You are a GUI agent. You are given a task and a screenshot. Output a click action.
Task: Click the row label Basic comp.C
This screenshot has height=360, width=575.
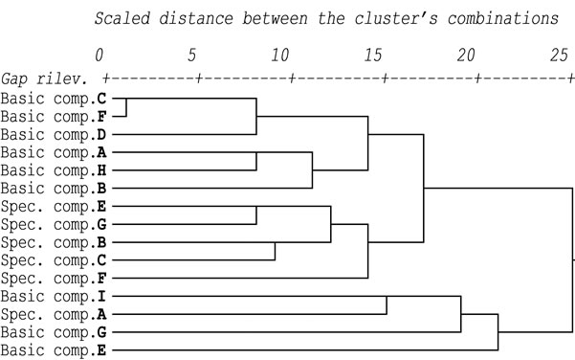pos(54,99)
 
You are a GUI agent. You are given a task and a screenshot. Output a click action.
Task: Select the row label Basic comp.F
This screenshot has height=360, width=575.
pos(54,117)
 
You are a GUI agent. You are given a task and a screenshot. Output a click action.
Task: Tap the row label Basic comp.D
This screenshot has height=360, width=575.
pos(54,135)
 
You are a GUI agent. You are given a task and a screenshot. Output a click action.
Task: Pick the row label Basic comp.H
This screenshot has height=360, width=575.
pos(54,171)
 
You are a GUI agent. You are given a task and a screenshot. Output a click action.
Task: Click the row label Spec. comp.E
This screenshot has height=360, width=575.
pos(54,207)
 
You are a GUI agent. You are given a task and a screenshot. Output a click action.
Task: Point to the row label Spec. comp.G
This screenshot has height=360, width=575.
pos(54,225)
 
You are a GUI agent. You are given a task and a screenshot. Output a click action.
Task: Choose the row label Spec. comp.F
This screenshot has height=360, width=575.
pos(54,279)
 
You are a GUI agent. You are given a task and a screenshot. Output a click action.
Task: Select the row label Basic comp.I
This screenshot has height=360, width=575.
pos(54,297)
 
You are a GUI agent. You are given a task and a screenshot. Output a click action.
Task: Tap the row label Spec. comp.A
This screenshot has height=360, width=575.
pos(54,315)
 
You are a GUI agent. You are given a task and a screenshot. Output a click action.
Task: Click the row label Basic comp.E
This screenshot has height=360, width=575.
pos(54,350)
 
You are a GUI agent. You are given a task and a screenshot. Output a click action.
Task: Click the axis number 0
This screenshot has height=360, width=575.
pos(99,56)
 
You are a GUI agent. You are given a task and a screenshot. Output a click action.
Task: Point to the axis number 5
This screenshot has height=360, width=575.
pos(191,56)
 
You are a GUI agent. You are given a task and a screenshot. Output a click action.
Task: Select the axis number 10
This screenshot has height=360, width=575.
pos(280,56)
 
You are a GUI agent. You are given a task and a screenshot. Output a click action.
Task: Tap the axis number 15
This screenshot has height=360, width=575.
pos(373,56)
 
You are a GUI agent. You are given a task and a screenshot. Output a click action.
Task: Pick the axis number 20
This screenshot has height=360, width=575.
pos(466,56)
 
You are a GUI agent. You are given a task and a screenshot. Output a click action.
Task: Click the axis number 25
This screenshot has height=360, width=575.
pos(559,56)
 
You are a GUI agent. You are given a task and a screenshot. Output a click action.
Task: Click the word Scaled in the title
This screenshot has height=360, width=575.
pos(122,18)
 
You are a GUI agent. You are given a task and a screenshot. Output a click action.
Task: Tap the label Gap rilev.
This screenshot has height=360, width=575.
pos(45,79)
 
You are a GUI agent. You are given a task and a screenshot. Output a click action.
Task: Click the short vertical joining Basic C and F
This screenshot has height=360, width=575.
pos(126,107)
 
